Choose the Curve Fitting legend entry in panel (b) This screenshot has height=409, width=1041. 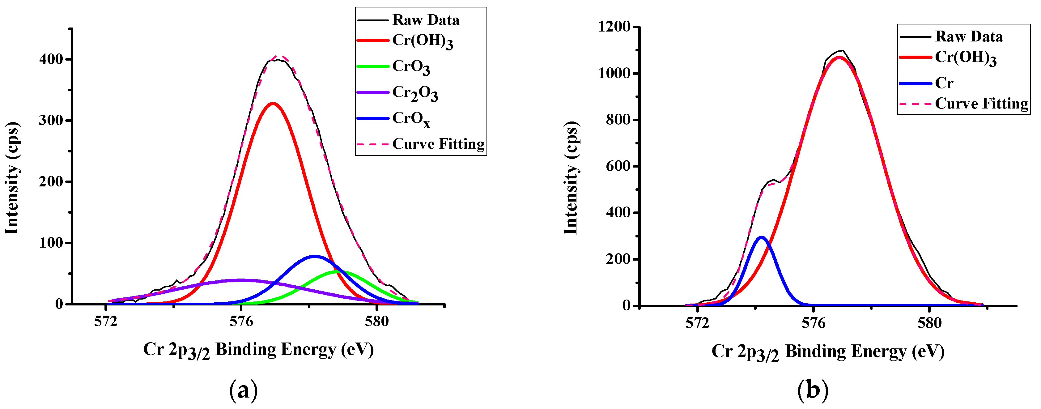point(981,104)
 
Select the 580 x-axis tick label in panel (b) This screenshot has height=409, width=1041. point(929,323)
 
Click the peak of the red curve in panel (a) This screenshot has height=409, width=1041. point(273,104)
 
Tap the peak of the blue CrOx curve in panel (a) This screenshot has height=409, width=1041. point(315,256)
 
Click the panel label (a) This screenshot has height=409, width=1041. point(243,390)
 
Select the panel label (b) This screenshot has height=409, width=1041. point(813,390)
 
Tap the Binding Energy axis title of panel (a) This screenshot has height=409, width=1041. point(258,349)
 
